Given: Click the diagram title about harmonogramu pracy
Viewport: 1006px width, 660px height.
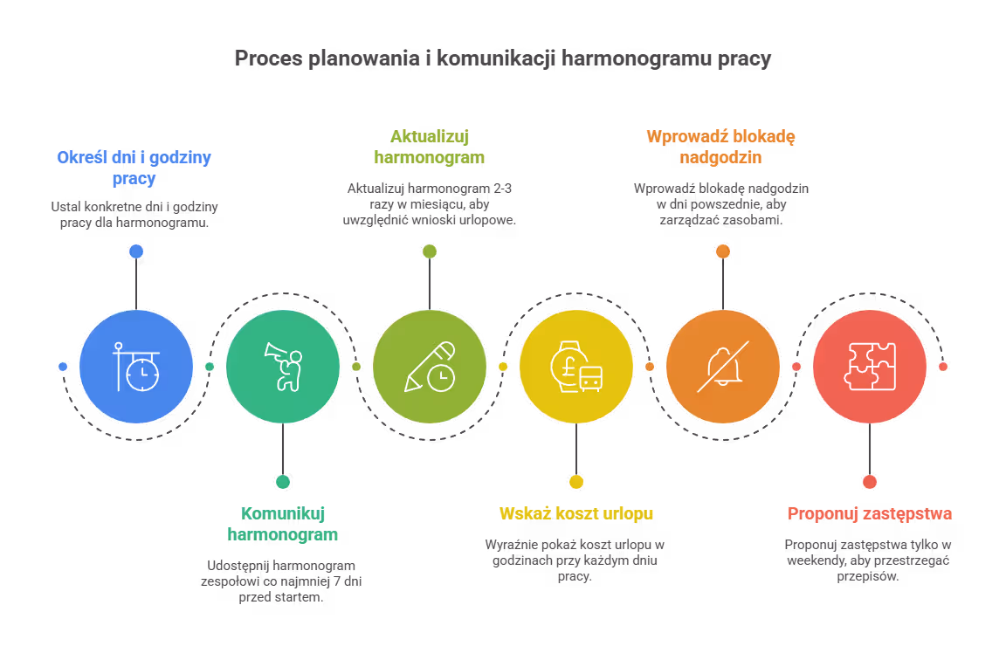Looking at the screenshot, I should pos(502,59).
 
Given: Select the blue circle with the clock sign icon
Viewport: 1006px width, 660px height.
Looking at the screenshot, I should pos(135,367).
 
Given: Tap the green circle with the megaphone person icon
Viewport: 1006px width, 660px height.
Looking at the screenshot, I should pos(282,367).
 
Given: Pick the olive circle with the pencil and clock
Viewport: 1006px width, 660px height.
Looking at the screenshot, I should pos(429,367).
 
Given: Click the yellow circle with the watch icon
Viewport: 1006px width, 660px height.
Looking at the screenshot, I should pos(575,367).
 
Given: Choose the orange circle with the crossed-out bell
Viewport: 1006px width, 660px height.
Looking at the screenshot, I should pos(722,367).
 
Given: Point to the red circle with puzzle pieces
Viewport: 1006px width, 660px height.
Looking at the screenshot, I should pos(869,367).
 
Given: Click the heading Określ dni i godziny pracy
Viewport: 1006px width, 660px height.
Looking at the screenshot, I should pos(134,168).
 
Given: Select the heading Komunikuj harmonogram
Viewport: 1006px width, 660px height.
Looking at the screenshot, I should pos(282,524).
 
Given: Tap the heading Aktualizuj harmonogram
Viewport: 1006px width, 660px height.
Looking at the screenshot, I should pos(429,148).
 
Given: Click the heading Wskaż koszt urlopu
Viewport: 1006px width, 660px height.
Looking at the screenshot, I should pos(575,513).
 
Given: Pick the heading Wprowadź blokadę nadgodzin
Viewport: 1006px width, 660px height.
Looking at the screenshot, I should pos(721,148).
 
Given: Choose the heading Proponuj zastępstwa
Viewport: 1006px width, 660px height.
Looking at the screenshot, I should pos(869,513).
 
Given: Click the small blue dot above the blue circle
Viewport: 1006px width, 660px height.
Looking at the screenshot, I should pos(135,251).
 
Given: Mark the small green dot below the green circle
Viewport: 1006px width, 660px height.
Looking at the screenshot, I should pos(282,481).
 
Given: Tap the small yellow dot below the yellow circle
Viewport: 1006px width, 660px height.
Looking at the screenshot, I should pos(575,481).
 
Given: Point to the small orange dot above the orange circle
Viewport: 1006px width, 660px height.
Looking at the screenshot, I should pos(722,251).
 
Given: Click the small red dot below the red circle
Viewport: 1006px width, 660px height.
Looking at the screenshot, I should pos(869,481).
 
